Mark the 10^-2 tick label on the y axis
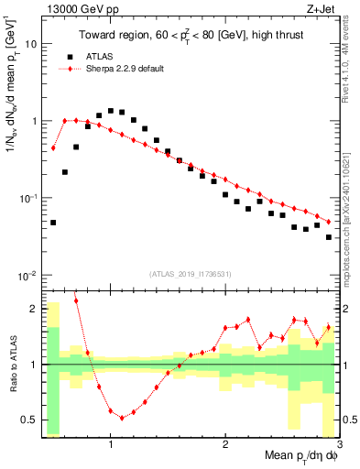29,276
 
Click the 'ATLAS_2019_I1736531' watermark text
190,273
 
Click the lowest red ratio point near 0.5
122,418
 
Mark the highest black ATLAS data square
111,111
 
